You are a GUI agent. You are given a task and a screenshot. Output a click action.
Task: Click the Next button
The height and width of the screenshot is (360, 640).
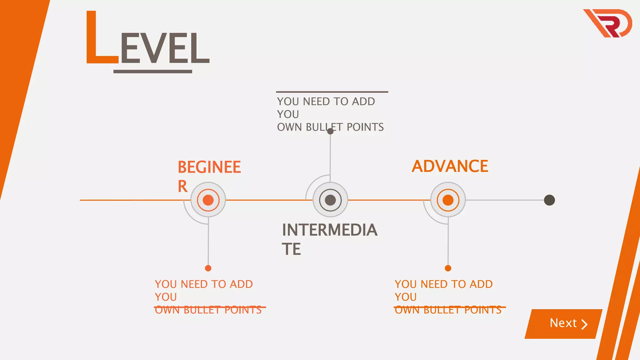click(x=563, y=324)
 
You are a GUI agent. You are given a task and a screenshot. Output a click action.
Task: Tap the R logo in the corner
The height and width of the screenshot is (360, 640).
click(x=608, y=23)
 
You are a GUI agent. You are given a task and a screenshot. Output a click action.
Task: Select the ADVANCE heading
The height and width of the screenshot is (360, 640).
click(x=450, y=166)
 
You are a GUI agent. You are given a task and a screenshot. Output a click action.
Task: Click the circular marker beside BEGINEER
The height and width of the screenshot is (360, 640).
click(x=208, y=200)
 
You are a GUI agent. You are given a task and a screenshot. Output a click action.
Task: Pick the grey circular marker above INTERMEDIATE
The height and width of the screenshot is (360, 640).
click(x=330, y=200)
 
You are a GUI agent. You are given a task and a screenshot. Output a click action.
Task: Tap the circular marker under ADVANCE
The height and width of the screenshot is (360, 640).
click(x=448, y=200)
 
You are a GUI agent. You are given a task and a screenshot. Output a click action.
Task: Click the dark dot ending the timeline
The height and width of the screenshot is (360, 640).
click(x=549, y=200)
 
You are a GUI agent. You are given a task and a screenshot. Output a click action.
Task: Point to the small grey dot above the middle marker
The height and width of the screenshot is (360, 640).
click(x=330, y=131)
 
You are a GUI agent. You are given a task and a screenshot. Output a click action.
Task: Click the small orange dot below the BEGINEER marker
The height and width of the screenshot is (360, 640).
click(x=208, y=268)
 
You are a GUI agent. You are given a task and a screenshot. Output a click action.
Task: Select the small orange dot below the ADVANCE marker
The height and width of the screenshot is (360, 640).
click(x=448, y=268)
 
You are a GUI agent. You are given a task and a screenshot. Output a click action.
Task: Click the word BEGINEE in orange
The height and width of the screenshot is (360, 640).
click(x=209, y=167)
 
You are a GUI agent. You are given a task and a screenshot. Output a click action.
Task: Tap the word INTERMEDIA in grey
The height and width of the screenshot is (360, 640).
click(x=330, y=230)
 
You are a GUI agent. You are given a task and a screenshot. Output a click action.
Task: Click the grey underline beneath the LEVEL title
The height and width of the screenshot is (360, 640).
click(x=152, y=72)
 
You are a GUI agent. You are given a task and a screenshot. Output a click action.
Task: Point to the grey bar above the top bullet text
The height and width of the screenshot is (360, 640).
click(x=332, y=92)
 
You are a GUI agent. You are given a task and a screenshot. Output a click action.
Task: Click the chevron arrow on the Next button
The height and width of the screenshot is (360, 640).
click(x=584, y=324)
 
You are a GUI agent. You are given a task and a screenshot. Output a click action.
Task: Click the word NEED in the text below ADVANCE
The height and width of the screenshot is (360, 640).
click(x=434, y=284)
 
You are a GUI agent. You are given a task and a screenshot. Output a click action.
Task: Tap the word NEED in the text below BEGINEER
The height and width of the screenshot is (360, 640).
click(x=194, y=284)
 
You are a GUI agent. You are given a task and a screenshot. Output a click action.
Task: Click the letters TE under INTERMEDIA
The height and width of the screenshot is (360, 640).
click(x=291, y=249)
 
